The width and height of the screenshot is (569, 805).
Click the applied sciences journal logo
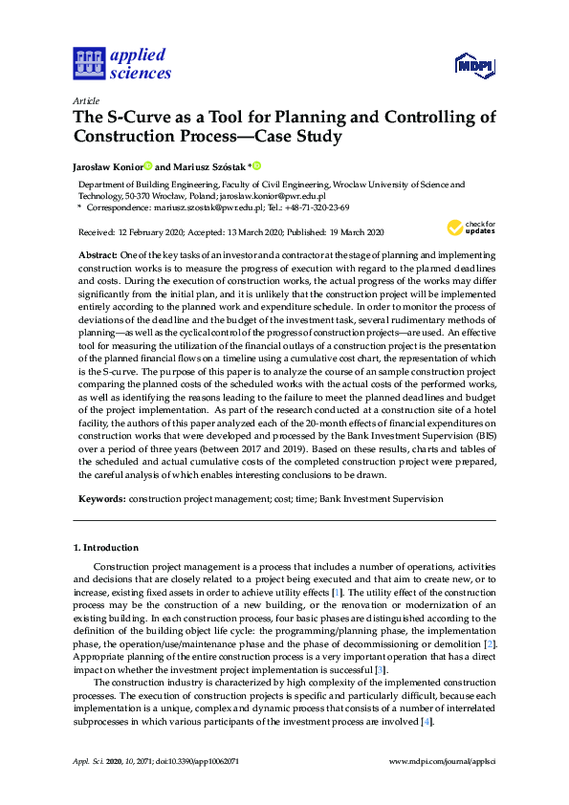click(x=122, y=64)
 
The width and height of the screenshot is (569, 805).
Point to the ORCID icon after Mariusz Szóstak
click(x=257, y=164)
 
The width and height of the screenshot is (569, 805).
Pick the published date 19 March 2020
click(x=346, y=232)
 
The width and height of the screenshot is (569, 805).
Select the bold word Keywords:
click(x=100, y=499)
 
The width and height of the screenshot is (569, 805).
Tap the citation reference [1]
click(x=336, y=594)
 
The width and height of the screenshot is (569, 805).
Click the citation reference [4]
click(x=427, y=722)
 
